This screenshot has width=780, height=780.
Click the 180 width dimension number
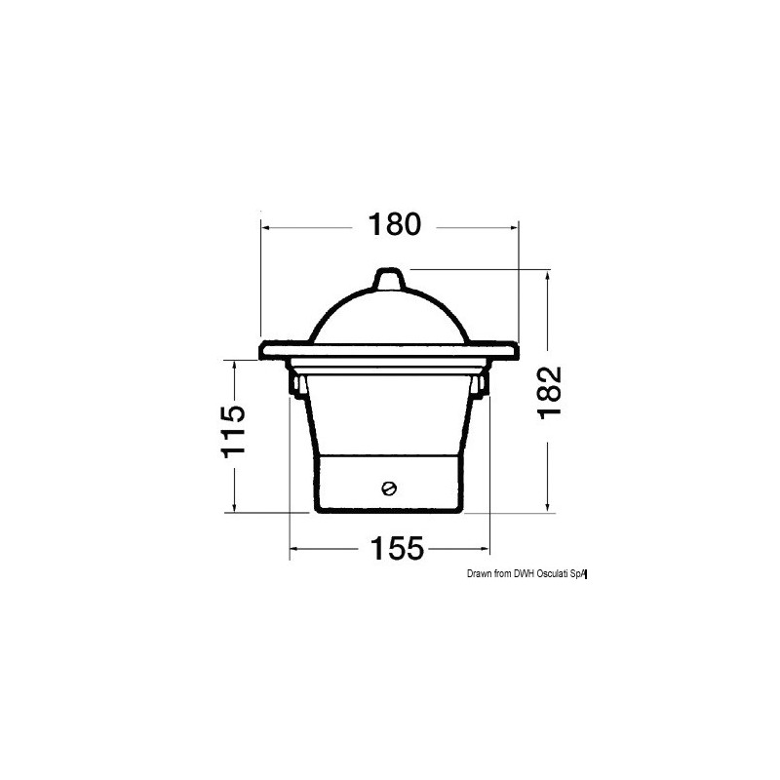pyautogui.click(x=394, y=225)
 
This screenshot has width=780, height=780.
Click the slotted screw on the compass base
pyautogui.click(x=389, y=488)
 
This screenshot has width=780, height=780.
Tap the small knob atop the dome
pyautogui.click(x=389, y=279)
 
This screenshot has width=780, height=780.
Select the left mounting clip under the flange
pyautogui.click(x=294, y=383)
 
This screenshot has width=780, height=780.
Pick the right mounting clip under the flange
pyautogui.click(x=483, y=383)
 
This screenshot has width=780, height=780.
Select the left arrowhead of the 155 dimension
pyautogui.click(x=295, y=550)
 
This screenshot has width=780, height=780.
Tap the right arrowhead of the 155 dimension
pyautogui.click(x=483, y=550)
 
